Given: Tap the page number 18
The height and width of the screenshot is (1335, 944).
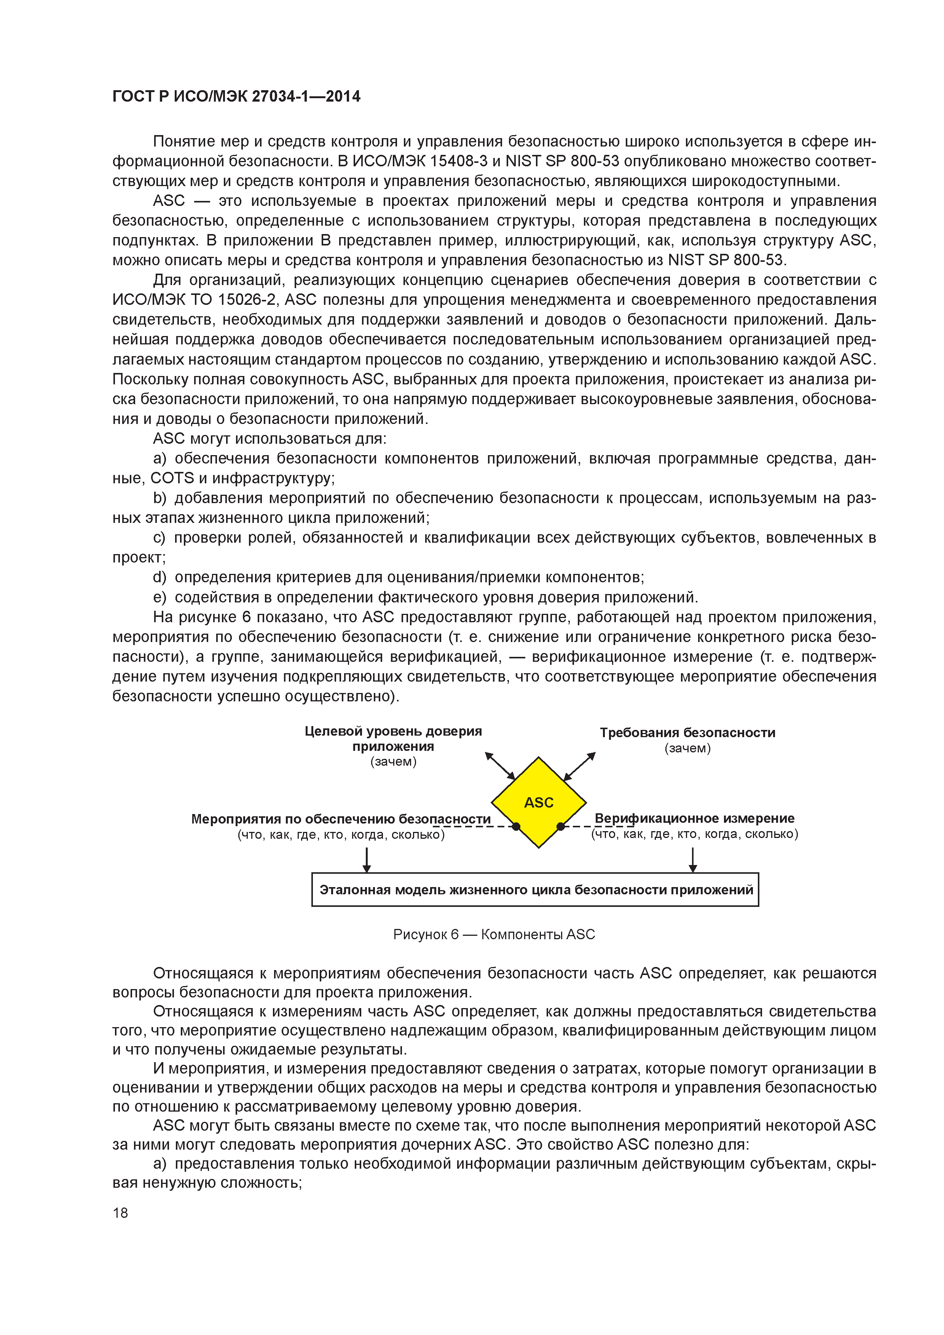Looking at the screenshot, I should (x=120, y=1212).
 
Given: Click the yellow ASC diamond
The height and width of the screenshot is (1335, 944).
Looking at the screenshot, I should (x=539, y=802).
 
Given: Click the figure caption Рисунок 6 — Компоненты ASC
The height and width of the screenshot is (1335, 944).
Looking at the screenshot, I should (x=494, y=934).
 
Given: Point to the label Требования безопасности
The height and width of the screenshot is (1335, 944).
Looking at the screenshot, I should (x=687, y=732).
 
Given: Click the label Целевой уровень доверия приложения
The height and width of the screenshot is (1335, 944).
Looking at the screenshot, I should (x=393, y=738).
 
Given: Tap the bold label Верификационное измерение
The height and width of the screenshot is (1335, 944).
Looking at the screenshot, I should (x=694, y=818).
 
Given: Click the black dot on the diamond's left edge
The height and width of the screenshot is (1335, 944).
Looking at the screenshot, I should (x=516, y=826).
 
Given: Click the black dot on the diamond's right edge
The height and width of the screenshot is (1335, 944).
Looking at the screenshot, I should (x=561, y=826).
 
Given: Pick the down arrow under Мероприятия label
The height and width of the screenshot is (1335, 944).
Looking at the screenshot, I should (x=367, y=859).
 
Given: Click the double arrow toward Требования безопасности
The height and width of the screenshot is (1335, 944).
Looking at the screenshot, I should (x=580, y=766).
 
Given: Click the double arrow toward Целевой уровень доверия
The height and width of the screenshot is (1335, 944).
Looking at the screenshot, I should (x=500, y=766).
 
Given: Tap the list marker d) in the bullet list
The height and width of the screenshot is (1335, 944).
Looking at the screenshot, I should (x=159, y=577).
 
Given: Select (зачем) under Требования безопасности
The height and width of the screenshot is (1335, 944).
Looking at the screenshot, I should (x=687, y=748).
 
